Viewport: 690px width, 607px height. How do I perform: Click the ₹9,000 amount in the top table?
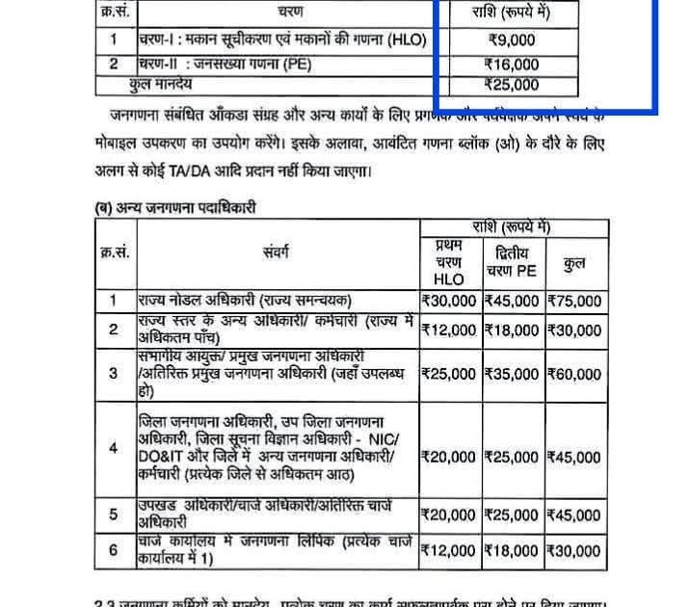(512, 40)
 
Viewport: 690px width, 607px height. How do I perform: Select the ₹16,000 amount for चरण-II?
(512, 65)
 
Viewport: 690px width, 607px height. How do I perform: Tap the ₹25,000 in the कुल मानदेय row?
(512, 85)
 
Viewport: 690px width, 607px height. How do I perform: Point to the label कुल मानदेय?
(163, 85)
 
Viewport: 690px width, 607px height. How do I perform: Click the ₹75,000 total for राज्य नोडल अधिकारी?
(575, 301)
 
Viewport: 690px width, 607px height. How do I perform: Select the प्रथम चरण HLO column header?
(448, 262)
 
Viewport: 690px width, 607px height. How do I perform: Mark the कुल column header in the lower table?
(575, 262)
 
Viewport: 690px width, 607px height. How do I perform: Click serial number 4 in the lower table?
(114, 448)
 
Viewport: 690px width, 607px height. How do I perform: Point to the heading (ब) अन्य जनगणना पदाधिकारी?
(174, 206)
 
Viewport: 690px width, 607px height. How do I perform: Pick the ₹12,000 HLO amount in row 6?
(448, 551)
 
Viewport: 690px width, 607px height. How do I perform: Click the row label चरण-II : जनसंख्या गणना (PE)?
(230, 65)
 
